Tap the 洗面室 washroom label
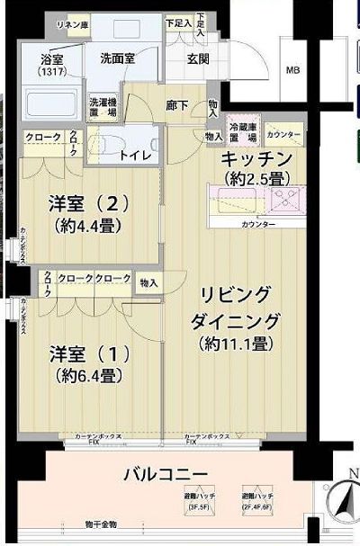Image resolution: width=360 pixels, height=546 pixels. [117, 58]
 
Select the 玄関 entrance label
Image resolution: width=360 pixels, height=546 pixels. [197, 60]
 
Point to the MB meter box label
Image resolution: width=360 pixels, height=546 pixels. [293, 69]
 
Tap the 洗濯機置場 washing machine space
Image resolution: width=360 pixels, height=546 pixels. [102, 107]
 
